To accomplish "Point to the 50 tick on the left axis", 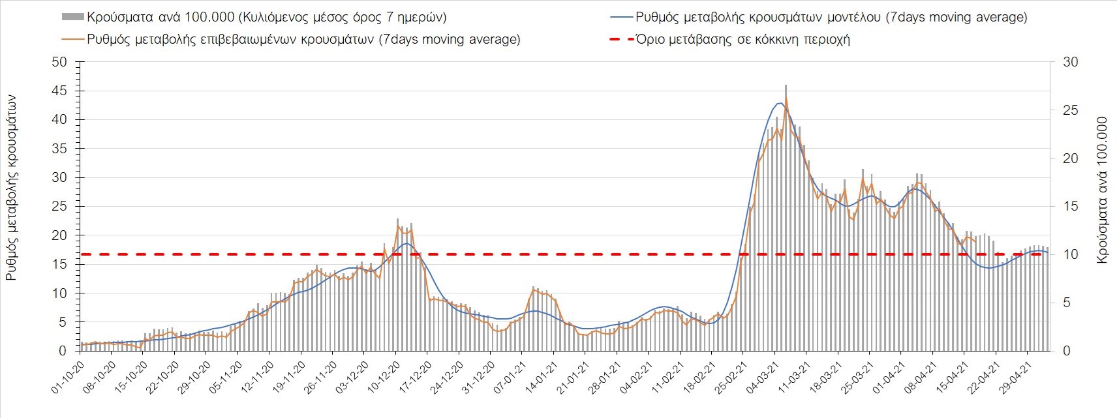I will click(x=59, y=62).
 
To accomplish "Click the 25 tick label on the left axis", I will click(x=59, y=207).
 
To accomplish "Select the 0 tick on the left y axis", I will click(x=63, y=351).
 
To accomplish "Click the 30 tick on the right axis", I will click(x=1071, y=62).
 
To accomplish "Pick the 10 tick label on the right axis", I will click(x=1071, y=255).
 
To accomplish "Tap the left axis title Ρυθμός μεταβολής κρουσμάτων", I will click(x=11, y=187).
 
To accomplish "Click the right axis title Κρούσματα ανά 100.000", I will click(x=1102, y=190).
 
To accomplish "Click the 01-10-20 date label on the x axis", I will click(x=68, y=379).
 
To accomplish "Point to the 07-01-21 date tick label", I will click(x=509, y=379).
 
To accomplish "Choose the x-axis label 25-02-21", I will click(x=730, y=379).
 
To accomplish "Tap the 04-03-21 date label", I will click(x=761, y=379).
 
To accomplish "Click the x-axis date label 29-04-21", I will click(x=1015, y=379).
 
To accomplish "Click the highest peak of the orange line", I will click(x=786, y=98).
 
